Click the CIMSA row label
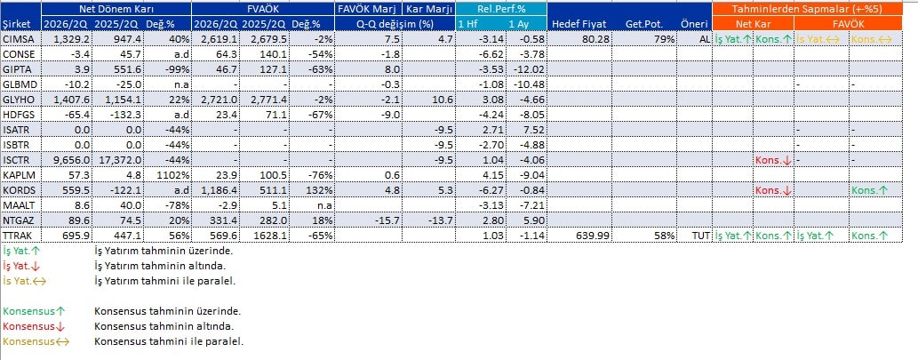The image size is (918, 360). click(x=16, y=38)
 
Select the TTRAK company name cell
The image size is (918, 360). click(x=16, y=236)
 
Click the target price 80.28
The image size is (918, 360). click(x=594, y=38)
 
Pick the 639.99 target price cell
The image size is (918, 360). click(x=591, y=236)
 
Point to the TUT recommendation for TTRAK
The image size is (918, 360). click(x=701, y=236)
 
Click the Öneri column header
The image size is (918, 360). click(x=694, y=24)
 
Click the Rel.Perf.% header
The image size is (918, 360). click(x=501, y=9)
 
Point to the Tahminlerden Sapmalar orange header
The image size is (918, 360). click(x=807, y=9)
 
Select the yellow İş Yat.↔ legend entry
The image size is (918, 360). click(x=25, y=281)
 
